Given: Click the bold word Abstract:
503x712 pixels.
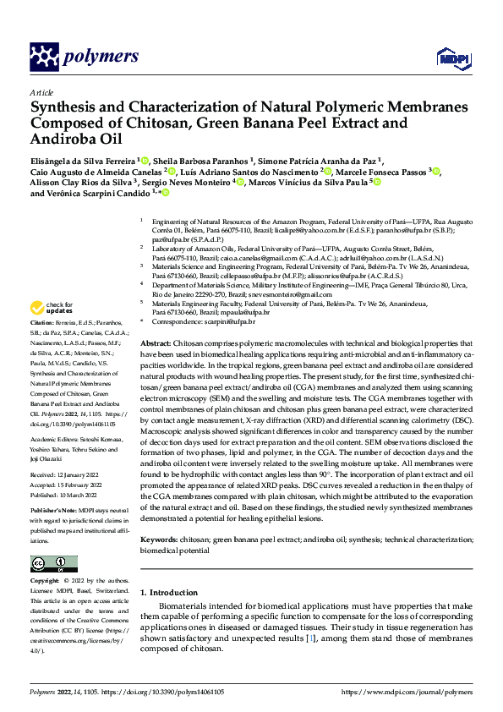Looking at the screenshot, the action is point(156,344).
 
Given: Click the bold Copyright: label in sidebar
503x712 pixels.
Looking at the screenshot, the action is point(46,582).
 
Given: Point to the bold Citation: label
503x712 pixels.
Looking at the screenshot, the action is point(43,324).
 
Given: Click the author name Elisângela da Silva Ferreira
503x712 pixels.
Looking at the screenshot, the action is point(82,161).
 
